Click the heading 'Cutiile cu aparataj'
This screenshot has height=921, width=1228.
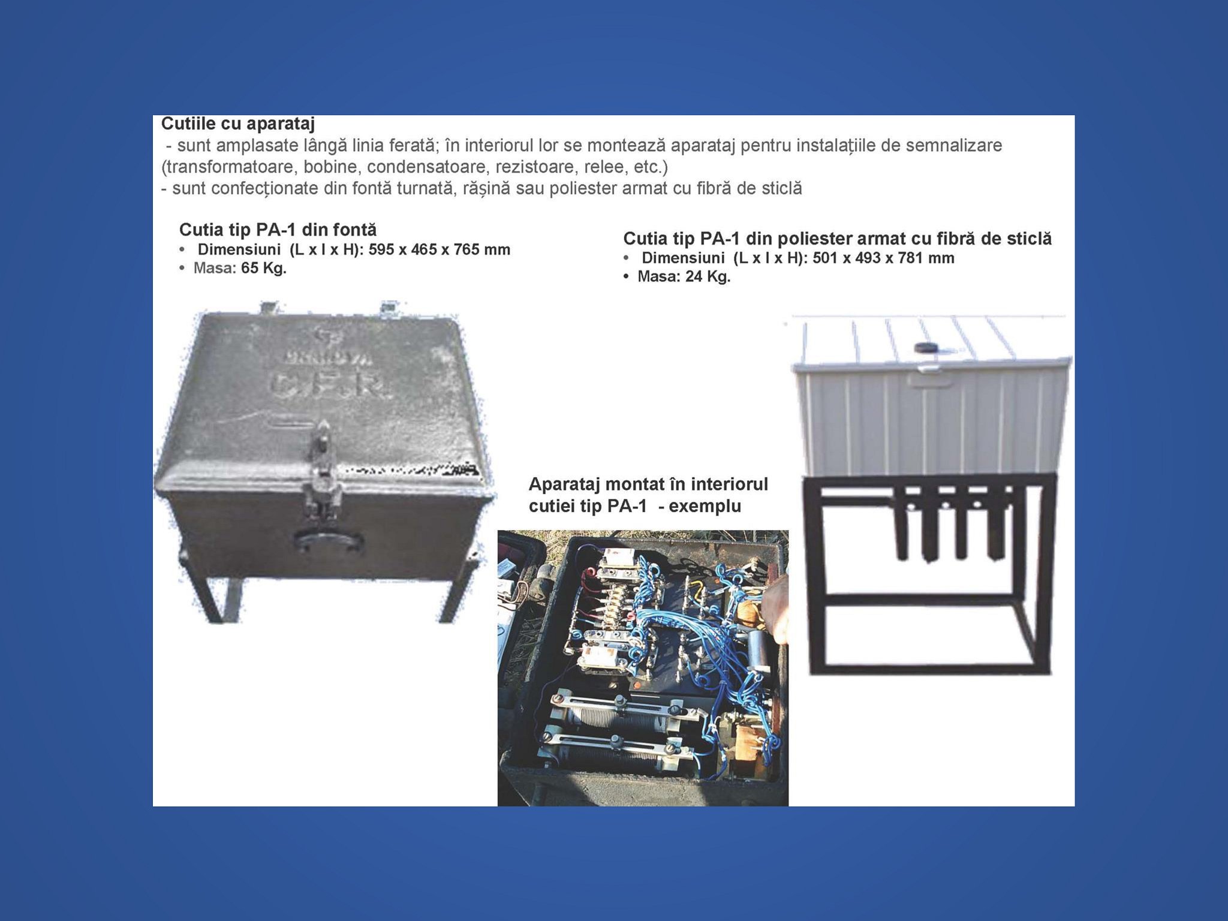tap(238, 124)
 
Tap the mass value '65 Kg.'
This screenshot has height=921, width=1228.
tap(264, 268)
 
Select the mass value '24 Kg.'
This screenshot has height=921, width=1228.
tap(708, 276)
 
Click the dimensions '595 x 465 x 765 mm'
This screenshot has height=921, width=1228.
tap(440, 249)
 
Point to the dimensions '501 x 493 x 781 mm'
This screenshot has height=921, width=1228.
tap(883, 258)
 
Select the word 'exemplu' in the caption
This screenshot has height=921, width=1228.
tap(705, 506)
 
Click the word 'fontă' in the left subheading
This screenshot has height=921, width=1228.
tap(353, 230)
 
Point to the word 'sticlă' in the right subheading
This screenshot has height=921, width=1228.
tap(1026, 239)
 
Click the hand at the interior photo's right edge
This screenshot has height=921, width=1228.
tap(777, 606)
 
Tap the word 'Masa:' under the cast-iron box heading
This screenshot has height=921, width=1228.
tap(215, 268)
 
